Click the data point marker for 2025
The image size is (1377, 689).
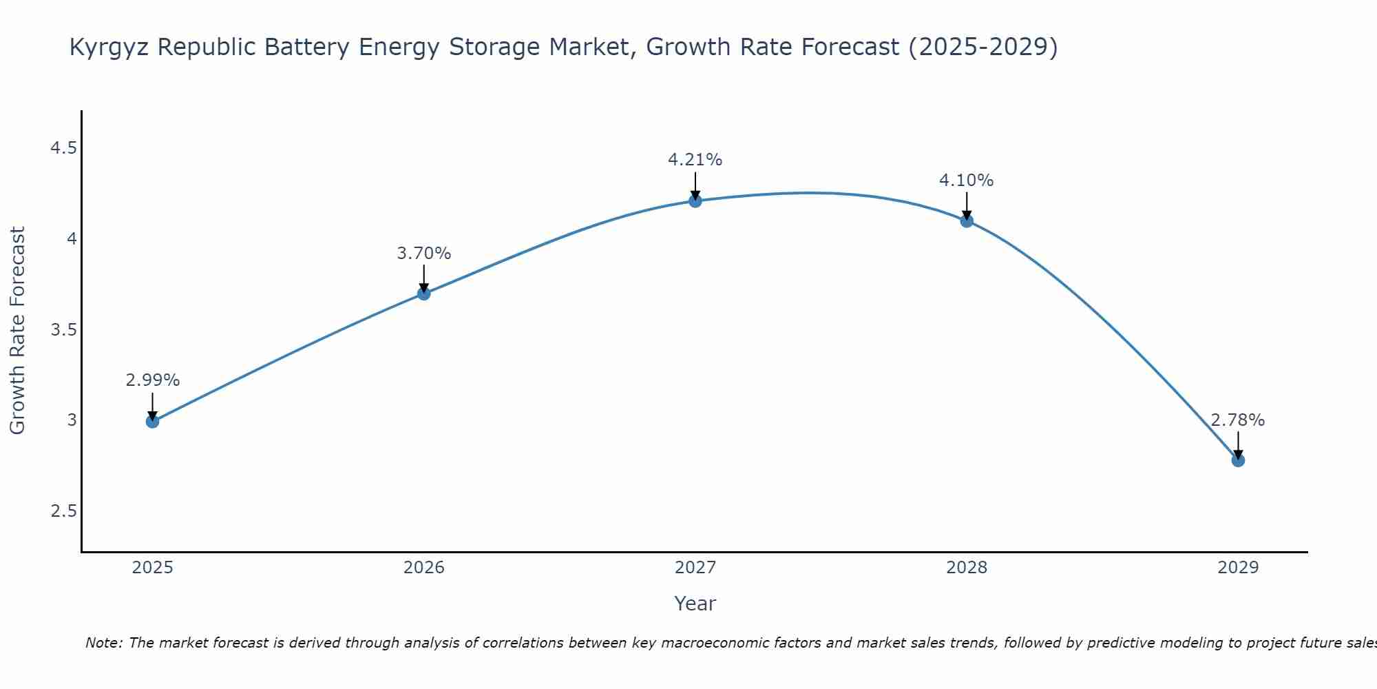coord(152,421)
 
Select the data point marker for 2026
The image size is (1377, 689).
coord(423,294)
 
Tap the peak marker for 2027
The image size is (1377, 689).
coord(695,201)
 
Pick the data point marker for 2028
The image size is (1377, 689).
coord(966,221)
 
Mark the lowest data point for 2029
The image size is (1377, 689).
coord(1237,460)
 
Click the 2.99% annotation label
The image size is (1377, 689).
coord(152,380)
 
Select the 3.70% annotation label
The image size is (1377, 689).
coord(423,254)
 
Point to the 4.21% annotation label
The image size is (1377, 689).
coord(695,160)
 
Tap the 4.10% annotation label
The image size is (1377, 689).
coord(966,181)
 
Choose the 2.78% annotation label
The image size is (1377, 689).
coord(1237,420)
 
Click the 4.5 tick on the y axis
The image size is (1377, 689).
coord(63,148)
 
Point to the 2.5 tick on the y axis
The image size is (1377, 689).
coord(63,511)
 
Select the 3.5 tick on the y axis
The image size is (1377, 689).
coord(63,330)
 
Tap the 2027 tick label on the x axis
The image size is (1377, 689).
coord(695,568)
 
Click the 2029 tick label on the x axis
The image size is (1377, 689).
coord(1237,568)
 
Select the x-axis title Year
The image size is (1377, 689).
coord(695,604)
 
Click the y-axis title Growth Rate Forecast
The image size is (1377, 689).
coord(17,331)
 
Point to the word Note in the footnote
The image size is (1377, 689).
coord(103,643)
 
